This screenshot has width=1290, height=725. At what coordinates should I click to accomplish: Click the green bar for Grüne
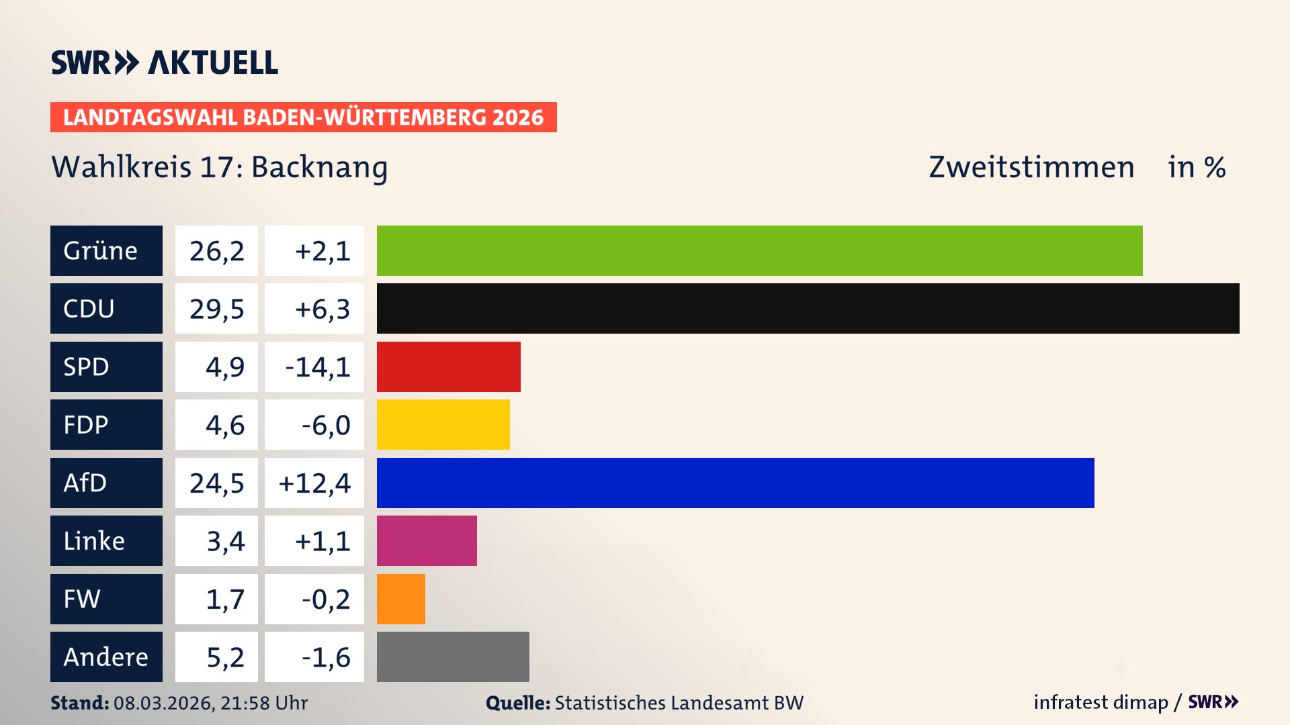759,250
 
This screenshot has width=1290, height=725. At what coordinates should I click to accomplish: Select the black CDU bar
808,309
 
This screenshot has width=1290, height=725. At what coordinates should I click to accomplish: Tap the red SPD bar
448,367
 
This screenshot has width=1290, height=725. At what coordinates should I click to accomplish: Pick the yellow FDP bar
443,424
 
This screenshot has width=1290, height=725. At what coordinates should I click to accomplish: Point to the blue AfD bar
735,483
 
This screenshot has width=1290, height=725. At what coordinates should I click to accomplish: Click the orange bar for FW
400,599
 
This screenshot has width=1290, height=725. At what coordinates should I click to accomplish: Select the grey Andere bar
452,657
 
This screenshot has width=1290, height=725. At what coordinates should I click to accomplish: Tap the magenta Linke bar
427,540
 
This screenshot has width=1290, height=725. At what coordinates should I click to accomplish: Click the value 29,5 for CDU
216,309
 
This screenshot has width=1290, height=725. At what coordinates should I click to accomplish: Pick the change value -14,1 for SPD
317,367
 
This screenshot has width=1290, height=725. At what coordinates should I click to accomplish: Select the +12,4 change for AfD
314,483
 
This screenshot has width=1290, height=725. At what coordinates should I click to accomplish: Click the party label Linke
94,540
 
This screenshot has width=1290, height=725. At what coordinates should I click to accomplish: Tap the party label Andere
105,657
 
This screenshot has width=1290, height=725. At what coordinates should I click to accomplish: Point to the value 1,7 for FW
225,599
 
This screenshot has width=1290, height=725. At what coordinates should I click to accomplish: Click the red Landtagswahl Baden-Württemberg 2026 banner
303,117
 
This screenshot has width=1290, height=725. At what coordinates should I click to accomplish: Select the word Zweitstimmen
1031,167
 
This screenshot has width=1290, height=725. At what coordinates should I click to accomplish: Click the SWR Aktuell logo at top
165,62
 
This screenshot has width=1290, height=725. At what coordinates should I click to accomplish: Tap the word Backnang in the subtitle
319,167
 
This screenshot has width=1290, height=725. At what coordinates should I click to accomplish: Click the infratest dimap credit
1101,702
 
